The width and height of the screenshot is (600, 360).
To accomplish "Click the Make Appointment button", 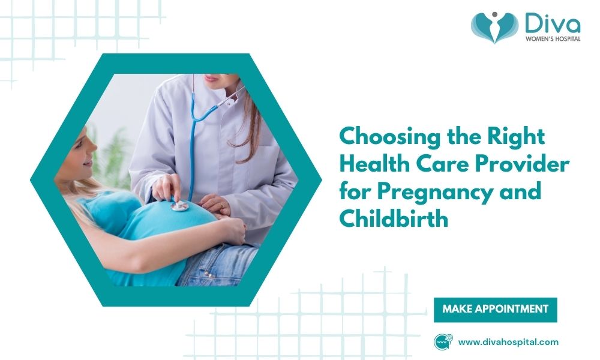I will tap(495, 310).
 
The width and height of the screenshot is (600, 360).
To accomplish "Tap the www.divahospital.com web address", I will tap(508, 343).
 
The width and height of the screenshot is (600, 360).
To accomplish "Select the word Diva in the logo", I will tap(551, 26).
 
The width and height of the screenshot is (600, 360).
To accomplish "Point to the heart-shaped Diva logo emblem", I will tap(494, 28).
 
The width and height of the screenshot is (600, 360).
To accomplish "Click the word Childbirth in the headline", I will tap(394, 220).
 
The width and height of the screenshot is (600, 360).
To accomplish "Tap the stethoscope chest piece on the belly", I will tap(179, 206).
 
